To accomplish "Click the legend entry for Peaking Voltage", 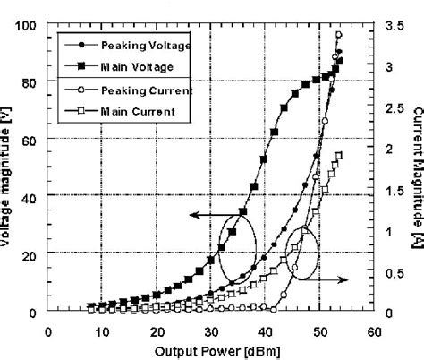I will (x=132, y=43).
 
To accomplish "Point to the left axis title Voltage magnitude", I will (x=9, y=167).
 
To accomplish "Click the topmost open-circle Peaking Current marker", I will (x=338, y=35).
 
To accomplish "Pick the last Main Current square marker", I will (x=339, y=155).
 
